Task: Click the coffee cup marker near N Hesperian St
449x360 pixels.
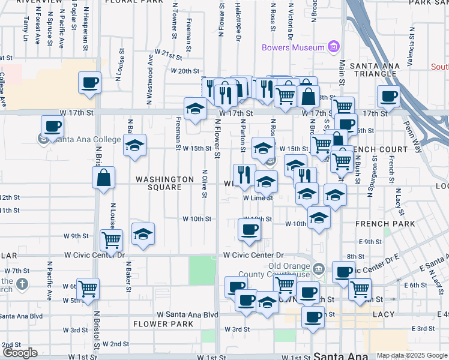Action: tap(90, 83)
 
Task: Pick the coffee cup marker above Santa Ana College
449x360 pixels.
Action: tap(53, 127)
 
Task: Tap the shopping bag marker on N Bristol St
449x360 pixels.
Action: tap(104, 178)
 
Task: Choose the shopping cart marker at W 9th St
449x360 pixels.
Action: tap(111, 241)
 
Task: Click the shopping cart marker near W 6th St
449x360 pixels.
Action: tap(88, 289)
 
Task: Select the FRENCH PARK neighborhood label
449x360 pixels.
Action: tap(376, 224)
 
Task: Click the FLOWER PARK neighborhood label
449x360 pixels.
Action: tap(163, 324)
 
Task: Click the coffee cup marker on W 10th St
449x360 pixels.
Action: tap(249, 229)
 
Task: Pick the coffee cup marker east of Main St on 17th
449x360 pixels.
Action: tap(388, 96)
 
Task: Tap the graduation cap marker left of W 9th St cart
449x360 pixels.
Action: tap(143, 234)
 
